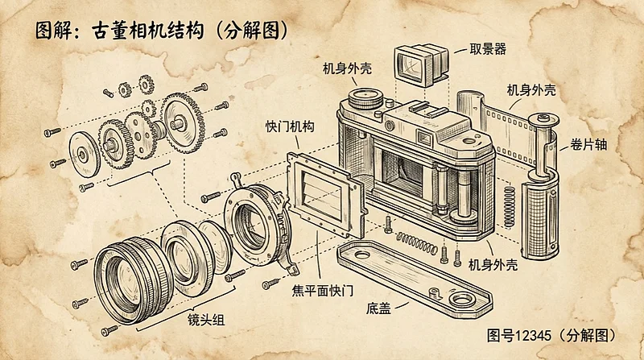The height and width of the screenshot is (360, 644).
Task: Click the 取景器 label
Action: click(x=488, y=49)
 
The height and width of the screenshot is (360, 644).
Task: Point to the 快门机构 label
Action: click(x=289, y=127)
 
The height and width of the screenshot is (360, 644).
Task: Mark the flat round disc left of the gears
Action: click(x=83, y=151)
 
